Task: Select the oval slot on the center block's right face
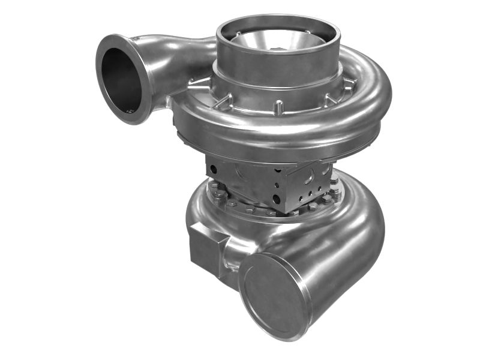coord(309,178)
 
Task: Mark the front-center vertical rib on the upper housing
coord(278,108)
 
